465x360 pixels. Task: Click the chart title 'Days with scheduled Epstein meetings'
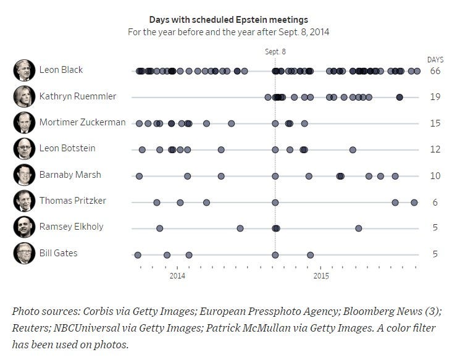point(228,20)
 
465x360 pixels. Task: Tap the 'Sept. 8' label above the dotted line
point(275,52)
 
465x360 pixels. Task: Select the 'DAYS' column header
point(435,60)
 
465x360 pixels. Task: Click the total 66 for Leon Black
point(435,71)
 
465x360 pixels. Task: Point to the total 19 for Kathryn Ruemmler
point(435,97)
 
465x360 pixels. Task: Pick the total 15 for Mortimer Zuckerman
point(435,123)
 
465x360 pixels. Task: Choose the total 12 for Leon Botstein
point(435,149)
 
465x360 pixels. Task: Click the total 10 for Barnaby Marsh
point(435,176)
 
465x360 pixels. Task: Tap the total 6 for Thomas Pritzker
point(435,203)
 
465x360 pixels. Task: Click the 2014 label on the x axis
point(177,276)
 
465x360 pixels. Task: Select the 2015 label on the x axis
point(321,276)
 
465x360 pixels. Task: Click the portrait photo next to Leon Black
point(24,70)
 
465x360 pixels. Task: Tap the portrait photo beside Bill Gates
point(24,253)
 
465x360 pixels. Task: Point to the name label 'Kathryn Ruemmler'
point(78,96)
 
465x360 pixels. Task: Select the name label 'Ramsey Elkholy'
point(72,227)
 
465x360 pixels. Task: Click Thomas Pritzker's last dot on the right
point(414,203)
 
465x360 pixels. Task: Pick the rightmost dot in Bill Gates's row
point(310,255)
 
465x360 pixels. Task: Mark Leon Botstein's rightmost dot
point(353,150)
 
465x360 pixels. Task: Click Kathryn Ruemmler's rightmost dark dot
point(400,98)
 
